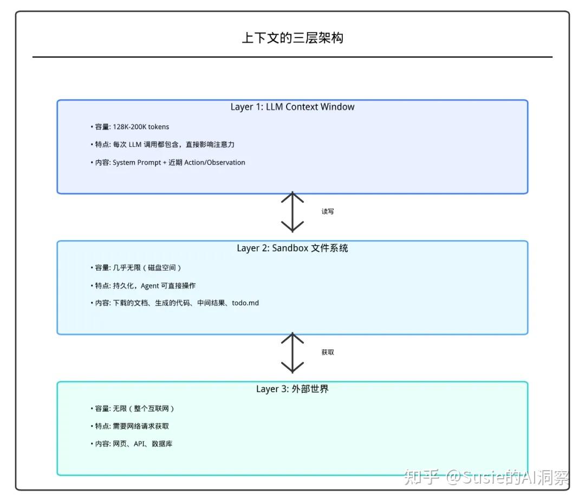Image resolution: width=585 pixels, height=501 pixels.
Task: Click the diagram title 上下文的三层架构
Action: point(292,38)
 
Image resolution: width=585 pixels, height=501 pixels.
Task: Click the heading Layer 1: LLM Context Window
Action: point(292,107)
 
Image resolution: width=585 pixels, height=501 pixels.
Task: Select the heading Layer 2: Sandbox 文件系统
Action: point(292,248)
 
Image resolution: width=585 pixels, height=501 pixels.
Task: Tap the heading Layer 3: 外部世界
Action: point(292,389)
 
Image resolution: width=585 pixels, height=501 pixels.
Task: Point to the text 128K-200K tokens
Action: point(141,127)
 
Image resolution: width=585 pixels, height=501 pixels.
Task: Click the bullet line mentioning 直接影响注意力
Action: point(162,145)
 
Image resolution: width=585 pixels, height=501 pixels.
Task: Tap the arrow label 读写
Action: point(328,211)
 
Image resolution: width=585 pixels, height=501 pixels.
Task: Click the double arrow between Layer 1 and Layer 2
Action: point(292,211)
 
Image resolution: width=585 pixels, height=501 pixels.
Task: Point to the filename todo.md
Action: point(245,303)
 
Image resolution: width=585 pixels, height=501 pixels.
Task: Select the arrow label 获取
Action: point(328,352)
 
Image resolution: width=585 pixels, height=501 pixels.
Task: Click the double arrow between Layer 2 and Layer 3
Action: point(292,352)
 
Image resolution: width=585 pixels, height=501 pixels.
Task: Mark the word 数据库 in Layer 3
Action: point(162,444)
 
